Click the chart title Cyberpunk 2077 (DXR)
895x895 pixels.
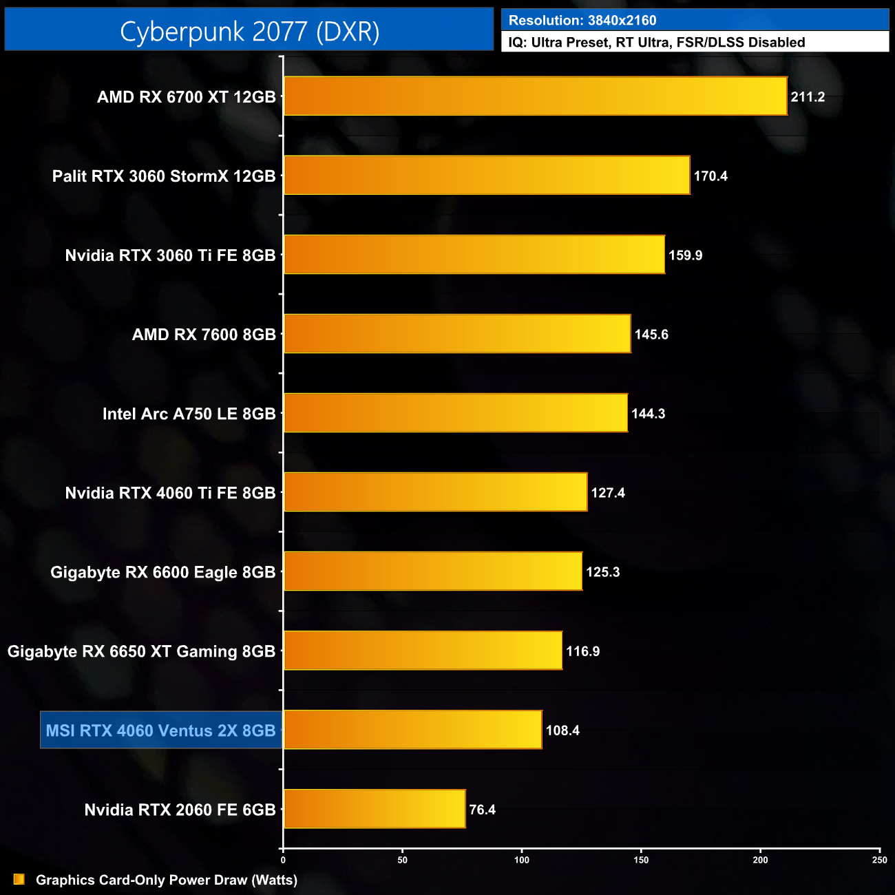(x=249, y=32)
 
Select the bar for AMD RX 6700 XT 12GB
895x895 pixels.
(x=535, y=96)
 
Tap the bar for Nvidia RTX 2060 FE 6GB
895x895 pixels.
(x=375, y=809)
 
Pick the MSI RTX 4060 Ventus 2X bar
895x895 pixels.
(x=412, y=730)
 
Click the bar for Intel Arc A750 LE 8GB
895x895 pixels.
(x=456, y=413)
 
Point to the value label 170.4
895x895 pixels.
(x=710, y=176)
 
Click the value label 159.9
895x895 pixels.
(x=685, y=255)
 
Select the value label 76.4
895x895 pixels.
(x=482, y=810)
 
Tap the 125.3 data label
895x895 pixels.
(x=602, y=572)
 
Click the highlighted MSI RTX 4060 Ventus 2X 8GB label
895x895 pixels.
(x=160, y=730)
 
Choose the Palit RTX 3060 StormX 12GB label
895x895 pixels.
(x=164, y=176)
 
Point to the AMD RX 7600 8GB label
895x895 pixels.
(x=204, y=335)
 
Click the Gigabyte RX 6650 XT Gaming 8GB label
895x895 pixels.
(x=141, y=651)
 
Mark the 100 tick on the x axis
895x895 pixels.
(x=522, y=859)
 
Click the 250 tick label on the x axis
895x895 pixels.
(x=879, y=859)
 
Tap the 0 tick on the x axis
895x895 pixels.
(x=283, y=859)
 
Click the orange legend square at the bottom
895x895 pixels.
(x=19, y=879)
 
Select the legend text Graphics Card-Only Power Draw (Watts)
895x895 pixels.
(x=167, y=880)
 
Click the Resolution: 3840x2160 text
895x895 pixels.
(x=582, y=21)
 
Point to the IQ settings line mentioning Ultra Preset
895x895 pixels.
(x=656, y=43)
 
